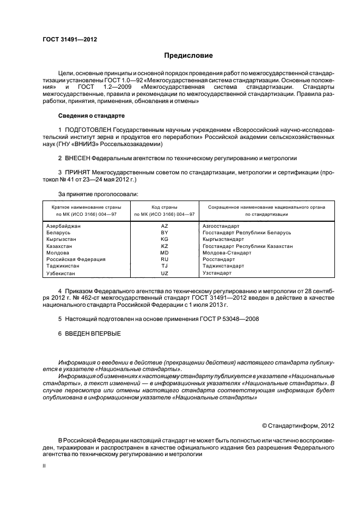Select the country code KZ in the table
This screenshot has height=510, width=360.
(164, 246)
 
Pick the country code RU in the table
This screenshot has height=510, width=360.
(164, 259)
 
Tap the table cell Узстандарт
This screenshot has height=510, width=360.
(217, 272)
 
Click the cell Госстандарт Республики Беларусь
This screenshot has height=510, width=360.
(246, 232)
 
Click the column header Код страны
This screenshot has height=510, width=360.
(164, 208)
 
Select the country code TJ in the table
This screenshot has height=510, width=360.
(164, 266)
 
